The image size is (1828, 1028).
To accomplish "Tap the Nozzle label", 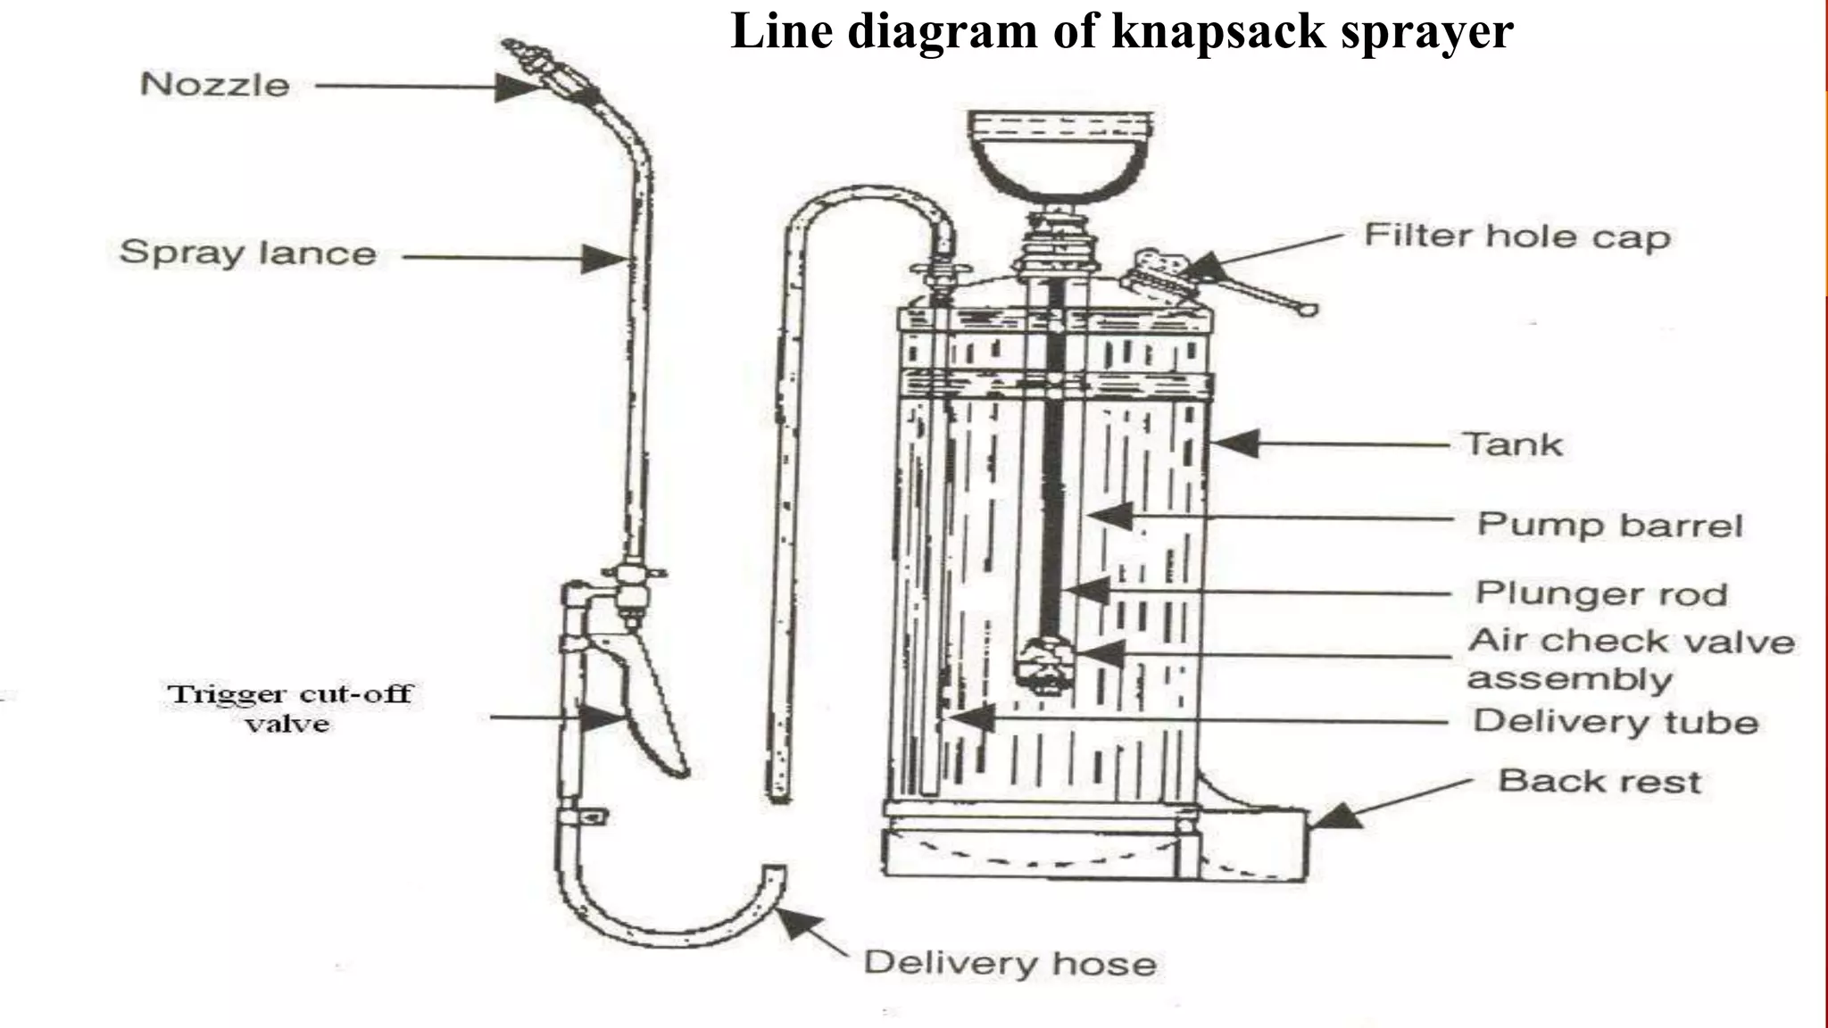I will click(x=215, y=85).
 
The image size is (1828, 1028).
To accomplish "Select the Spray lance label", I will click(x=248, y=253).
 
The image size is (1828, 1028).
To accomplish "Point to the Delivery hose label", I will click(x=1010, y=963).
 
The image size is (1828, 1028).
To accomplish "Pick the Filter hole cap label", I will click(x=1516, y=236).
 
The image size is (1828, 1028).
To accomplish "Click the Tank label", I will click(x=1513, y=444).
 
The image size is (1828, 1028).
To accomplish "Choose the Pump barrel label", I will click(x=1608, y=525).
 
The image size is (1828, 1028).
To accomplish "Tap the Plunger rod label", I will click(x=1601, y=593).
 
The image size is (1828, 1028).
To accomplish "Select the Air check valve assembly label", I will click(x=1630, y=659).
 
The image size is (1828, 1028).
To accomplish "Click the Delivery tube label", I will click(x=1615, y=721).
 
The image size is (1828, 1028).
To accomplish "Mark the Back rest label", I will click(x=1599, y=782).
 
